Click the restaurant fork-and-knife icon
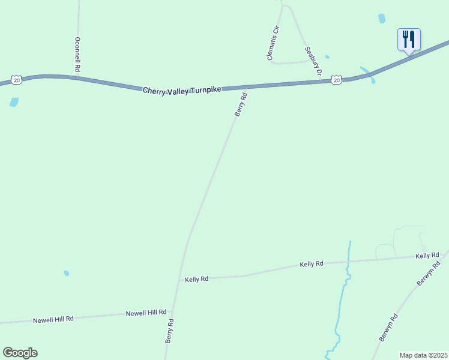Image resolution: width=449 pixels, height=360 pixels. (x=409, y=40)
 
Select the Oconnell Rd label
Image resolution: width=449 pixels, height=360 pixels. (x=77, y=55)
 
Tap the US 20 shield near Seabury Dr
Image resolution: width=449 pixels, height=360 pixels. (x=337, y=80)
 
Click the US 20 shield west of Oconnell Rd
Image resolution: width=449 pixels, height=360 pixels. (x=17, y=80)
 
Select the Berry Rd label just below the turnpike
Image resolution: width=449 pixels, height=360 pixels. (x=241, y=103)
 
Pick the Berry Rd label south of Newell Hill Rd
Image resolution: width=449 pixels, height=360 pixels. (x=170, y=331)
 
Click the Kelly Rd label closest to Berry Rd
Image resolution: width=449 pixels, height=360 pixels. (x=196, y=279)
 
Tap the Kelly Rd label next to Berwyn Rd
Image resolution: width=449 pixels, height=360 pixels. (x=427, y=256)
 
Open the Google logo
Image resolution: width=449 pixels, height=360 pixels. (x=20, y=353)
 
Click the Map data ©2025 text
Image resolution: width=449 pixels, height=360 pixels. (x=423, y=355)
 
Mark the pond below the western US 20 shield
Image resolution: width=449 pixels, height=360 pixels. (x=14, y=102)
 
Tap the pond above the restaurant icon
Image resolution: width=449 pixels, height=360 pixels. (x=382, y=19)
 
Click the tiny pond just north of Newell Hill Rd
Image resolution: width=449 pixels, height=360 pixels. (x=67, y=274)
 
